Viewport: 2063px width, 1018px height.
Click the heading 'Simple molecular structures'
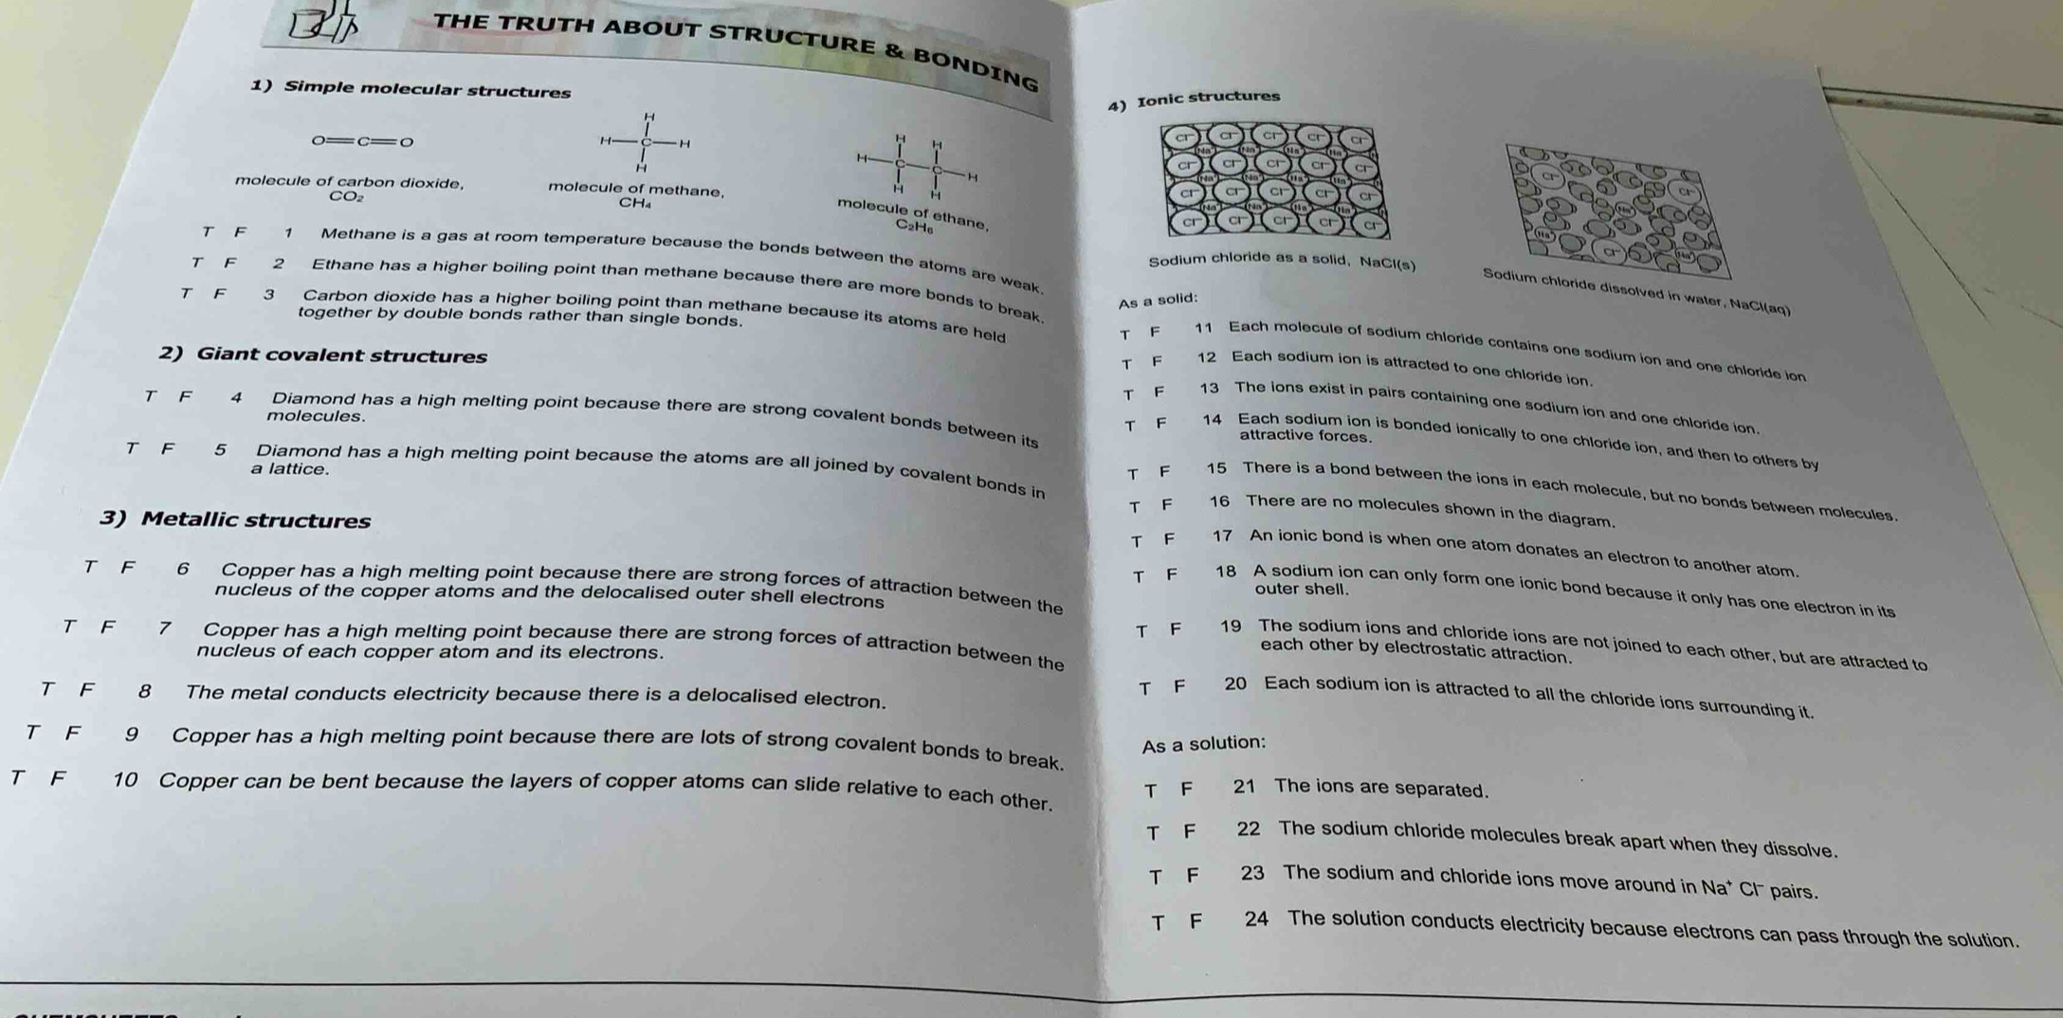click(426, 90)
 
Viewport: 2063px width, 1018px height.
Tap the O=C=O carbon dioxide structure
click(364, 142)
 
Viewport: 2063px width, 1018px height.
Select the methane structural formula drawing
click(647, 142)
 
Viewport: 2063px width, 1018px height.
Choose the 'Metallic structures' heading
click(255, 519)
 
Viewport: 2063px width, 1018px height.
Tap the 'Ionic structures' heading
click(1207, 98)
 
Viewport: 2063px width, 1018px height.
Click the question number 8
click(144, 691)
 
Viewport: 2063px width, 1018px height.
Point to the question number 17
click(1222, 536)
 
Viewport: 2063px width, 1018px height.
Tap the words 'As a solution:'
click(1203, 744)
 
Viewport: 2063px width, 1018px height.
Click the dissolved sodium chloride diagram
click(1616, 209)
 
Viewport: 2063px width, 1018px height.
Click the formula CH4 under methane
click(633, 202)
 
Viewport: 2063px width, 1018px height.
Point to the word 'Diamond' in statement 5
click(298, 451)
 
